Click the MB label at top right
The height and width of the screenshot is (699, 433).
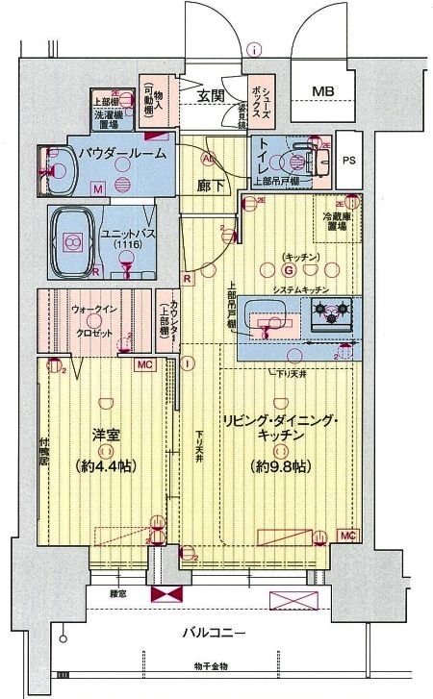tap(322, 92)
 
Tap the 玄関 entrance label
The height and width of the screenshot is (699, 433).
tap(212, 95)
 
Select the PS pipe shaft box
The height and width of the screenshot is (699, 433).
tap(348, 162)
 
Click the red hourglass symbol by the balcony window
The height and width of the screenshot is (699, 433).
tap(164, 594)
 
